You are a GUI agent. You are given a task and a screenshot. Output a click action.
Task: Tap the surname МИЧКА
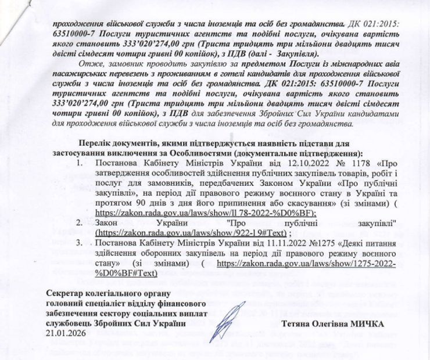[x=366, y=323]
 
